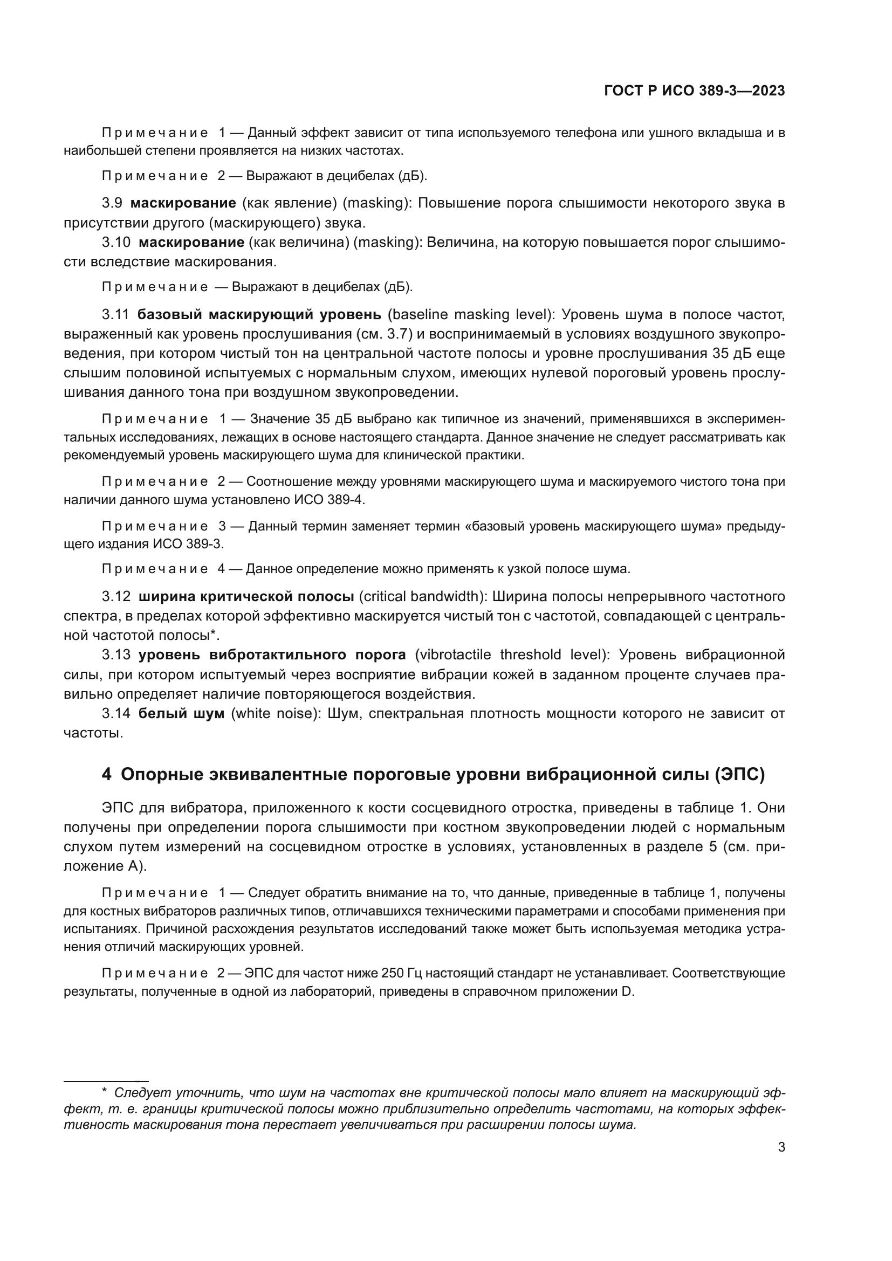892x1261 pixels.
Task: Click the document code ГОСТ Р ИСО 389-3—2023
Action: [694, 91]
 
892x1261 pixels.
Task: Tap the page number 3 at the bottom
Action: [781, 1147]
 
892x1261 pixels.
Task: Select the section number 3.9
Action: [112, 203]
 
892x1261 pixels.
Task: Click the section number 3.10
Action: [116, 242]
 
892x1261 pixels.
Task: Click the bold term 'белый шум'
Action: [181, 713]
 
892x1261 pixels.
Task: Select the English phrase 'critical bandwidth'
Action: [420, 596]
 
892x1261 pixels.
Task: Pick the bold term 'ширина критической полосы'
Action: [246, 596]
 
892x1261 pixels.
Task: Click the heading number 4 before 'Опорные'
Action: [107, 774]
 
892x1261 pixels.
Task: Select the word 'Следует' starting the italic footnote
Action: [135, 1093]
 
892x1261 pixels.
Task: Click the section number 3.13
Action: [116, 654]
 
